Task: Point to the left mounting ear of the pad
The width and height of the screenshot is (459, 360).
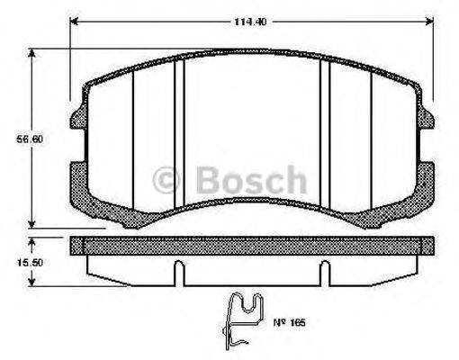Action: (x=76, y=119)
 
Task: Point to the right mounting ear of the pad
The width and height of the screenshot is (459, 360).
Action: (x=428, y=119)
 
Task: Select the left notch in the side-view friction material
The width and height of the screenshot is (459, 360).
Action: (x=180, y=269)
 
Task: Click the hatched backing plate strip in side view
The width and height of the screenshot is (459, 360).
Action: (x=252, y=245)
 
